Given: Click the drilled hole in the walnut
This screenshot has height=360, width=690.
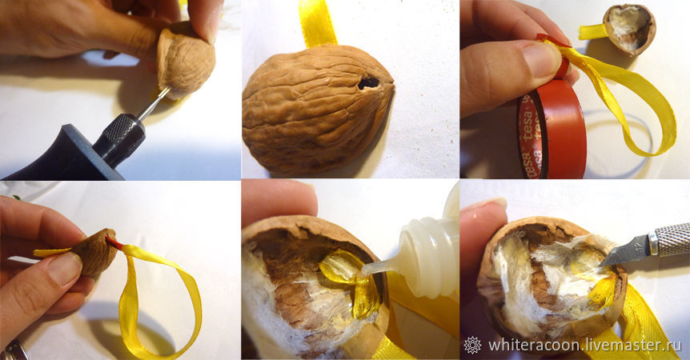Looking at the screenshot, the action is click(x=367, y=82).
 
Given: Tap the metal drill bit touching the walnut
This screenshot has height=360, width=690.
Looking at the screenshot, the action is click(x=153, y=103).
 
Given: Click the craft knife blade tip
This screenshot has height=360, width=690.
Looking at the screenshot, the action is click(x=602, y=265).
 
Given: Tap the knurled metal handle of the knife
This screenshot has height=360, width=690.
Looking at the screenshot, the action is click(x=670, y=238).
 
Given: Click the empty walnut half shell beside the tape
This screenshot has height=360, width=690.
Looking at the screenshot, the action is click(x=629, y=29).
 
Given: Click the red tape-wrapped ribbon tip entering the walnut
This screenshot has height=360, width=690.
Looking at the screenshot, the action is click(x=114, y=242).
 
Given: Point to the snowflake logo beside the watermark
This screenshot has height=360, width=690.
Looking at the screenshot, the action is click(x=472, y=345).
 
